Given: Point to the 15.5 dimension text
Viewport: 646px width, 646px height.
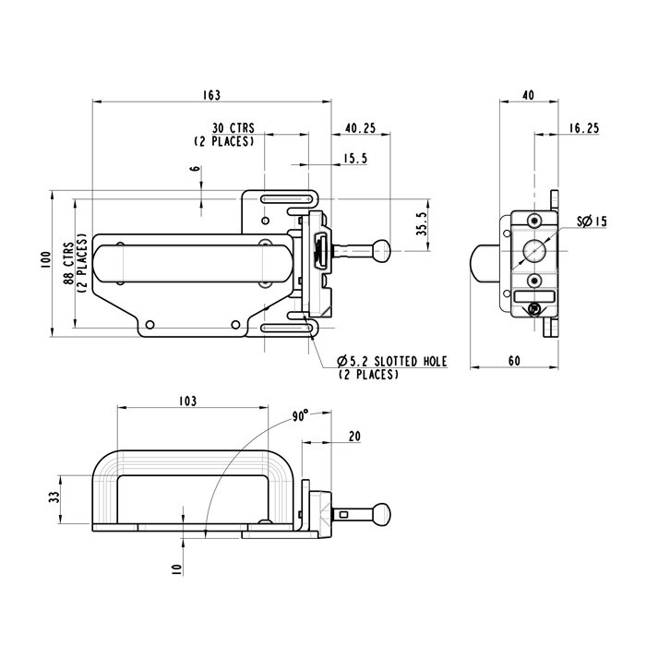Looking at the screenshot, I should click(x=355, y=160).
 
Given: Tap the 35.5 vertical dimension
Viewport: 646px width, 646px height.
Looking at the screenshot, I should click(x=421, y=225).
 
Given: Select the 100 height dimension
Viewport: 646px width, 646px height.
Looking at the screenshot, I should click(x=43, y=262).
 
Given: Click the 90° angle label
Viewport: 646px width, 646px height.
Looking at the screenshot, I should click(x=299, y=416).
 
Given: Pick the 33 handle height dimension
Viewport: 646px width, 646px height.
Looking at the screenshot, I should click(x=54, y=496).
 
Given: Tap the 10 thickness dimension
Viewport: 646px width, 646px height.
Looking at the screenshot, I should click(x=175, y=569).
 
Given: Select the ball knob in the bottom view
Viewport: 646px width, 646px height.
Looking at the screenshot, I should click(x=380, y=513).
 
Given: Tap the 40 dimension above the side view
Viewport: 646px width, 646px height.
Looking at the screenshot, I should click(x=528, y=94).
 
